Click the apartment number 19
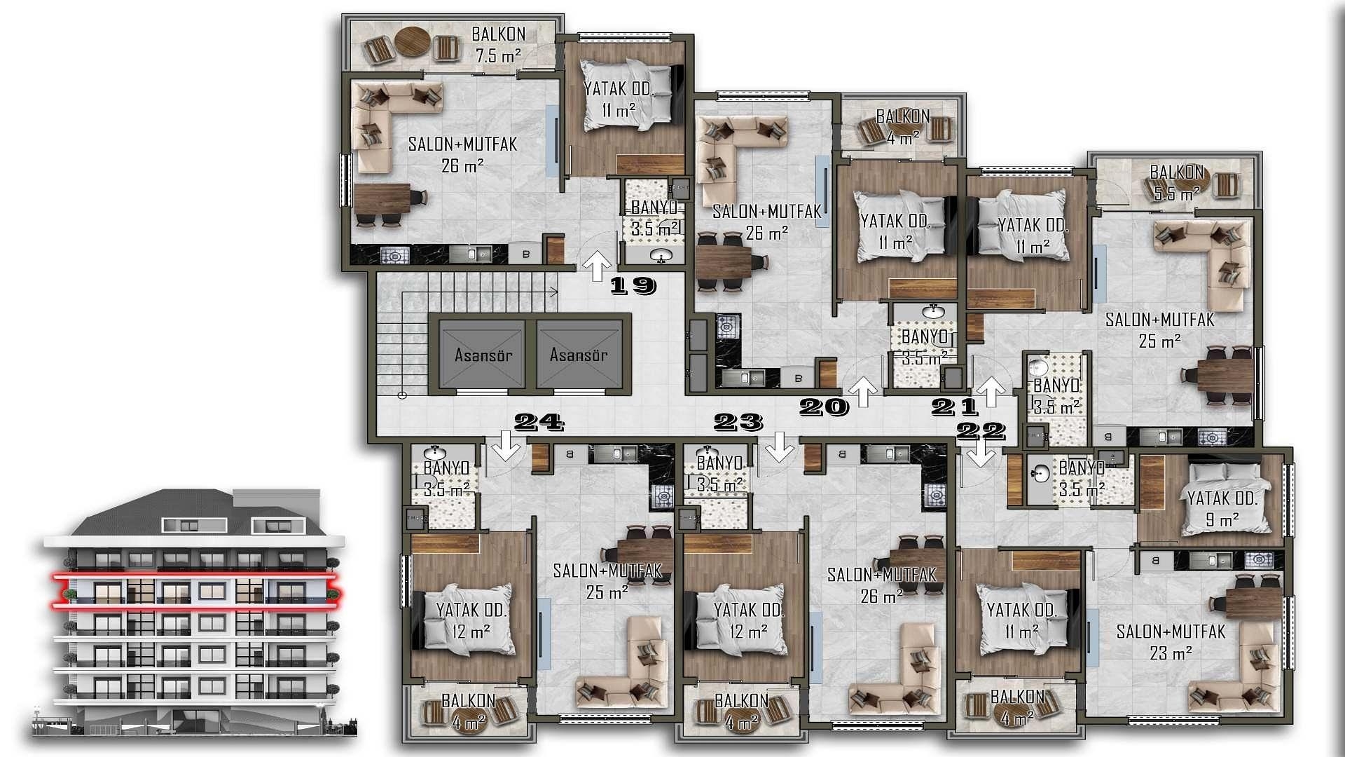pos(633,285)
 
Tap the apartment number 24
pos(539,421)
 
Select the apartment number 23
pos(738,421)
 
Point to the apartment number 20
pos(824,407)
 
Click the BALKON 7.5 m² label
pos(498,44)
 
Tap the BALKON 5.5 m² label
pos(1177,182)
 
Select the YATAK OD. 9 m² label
pos(1222,509)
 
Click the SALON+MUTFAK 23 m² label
pos(1171,642)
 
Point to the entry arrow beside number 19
pos(598,267)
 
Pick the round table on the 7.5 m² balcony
pos(412,42)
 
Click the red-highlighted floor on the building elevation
pos(194,590)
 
